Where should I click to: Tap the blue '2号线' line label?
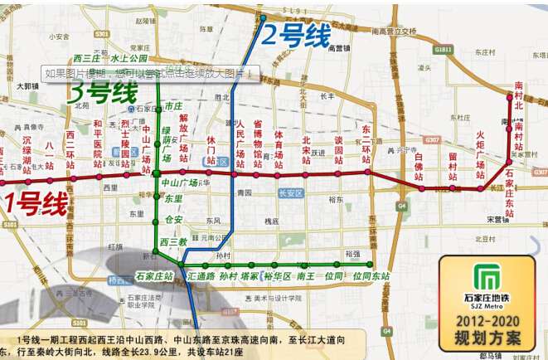296,35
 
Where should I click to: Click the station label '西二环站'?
71,147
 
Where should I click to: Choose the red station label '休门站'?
211,150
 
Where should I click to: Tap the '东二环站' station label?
365,144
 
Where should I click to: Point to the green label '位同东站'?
371,275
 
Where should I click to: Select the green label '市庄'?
172,106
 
